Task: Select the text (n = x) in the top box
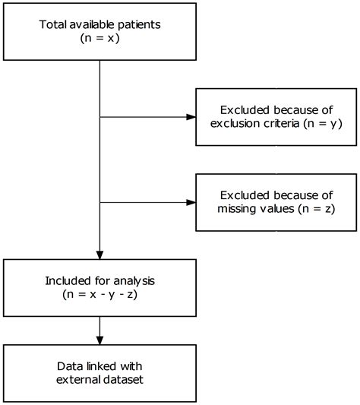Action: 99,39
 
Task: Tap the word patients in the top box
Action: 139,25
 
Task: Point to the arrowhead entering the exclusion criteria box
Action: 191,117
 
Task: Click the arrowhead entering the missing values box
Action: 191,202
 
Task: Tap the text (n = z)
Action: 317,209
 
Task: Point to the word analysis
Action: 134,282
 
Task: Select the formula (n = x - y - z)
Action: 99,295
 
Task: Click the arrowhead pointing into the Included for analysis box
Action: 99,255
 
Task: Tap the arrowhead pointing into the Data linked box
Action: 99,340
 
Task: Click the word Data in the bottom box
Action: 70,366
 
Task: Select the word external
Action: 77,380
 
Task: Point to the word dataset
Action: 122,380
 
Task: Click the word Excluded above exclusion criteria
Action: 245,110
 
